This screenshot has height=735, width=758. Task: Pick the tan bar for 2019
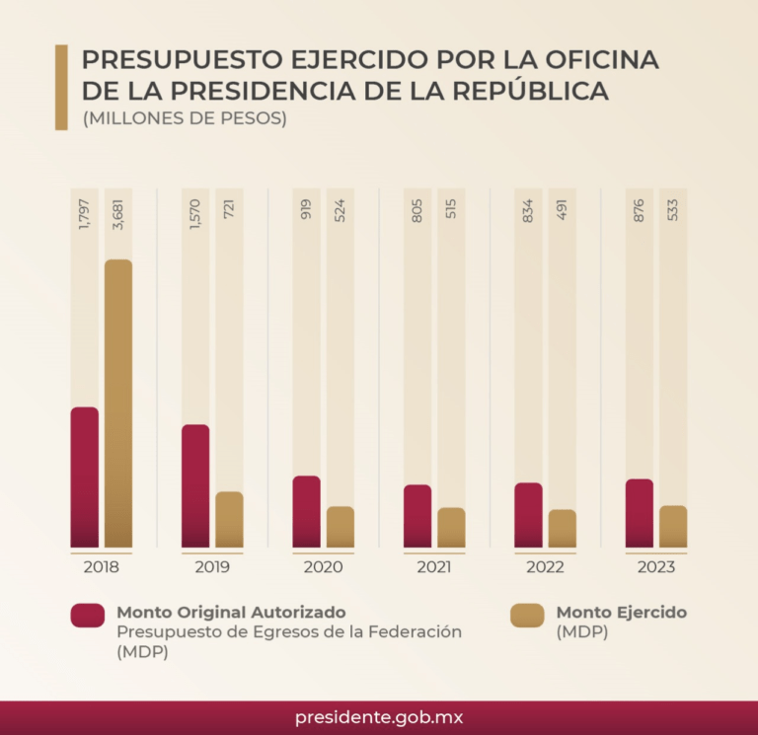pyautogui.click(x=229, y=519)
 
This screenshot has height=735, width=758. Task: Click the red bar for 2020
pyautogui.click(x=307, y=511)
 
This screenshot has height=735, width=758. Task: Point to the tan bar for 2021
pyautogui.click(x=451, y=527)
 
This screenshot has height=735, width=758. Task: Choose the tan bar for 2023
pyautogui.click(x=673, y=526)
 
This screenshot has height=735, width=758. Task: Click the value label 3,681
pyautogui.click(x=118, y=214)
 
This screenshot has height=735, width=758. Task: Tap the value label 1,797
pyautogui.click(x=84, y=214)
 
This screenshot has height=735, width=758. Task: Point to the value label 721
pyautogui.click(x=229, y=208)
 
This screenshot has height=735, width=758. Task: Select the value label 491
pyautogui.click(x=562, y=208)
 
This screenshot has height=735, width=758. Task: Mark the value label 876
pyautogui.click(x=639, y=208)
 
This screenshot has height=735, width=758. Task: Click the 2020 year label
pyautogui.click(x=323, y=567)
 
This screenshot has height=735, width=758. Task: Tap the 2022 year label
pyautogui.click(x=545, y=567)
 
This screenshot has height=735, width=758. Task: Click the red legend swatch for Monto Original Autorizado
pyautogui.click(x=88, y=615)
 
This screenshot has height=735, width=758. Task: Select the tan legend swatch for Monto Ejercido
pyautogui.click(x=527, y=615)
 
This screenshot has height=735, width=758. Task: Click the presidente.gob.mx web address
pyautogui.click(x=379, y=717)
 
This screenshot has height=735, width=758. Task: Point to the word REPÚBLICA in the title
pyautogui.click(x=524, y=92)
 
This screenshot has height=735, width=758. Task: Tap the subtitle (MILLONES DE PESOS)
pyautogui.click(x=185, y=119)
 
